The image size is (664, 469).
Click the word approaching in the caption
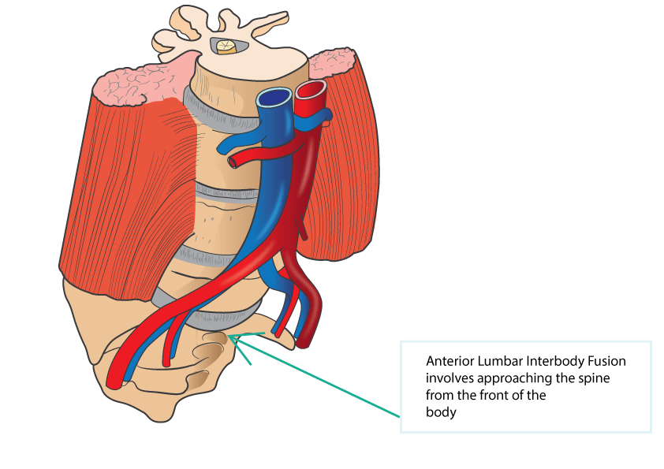click(522, 378)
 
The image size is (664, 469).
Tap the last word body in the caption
click(441, 411)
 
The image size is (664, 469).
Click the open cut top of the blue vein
click(276, 98)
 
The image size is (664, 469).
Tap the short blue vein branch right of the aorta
click(321, 117)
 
